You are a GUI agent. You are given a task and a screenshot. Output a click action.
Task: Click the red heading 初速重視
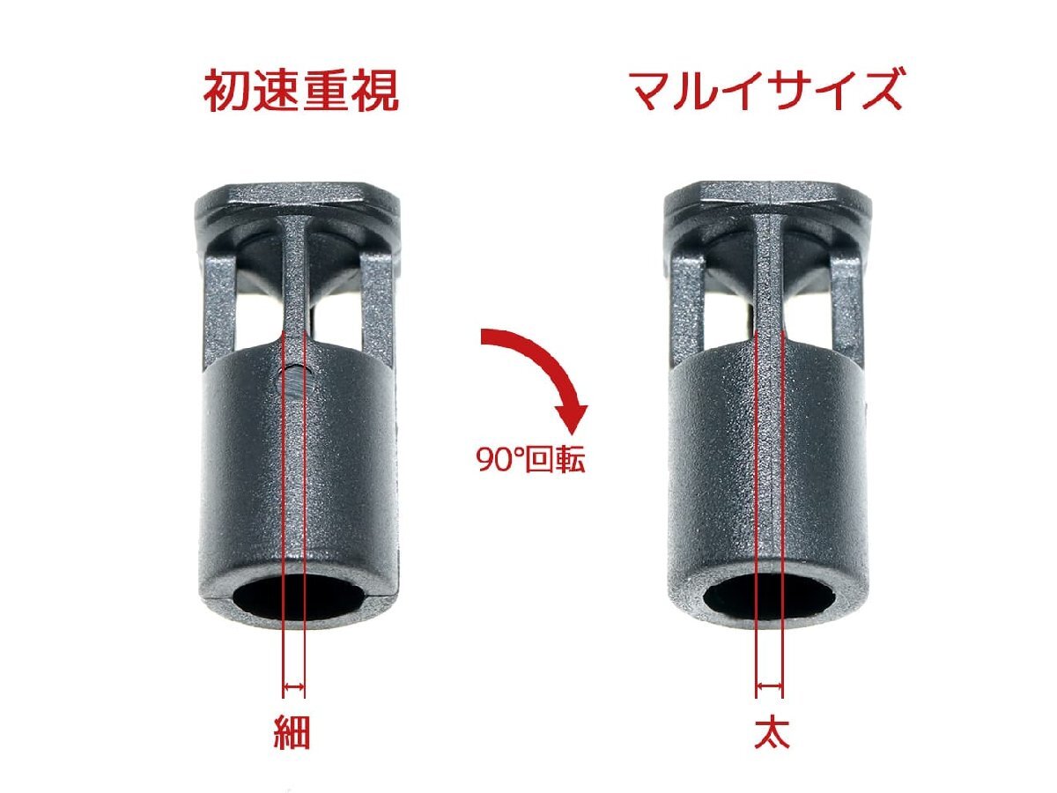click(301, 91)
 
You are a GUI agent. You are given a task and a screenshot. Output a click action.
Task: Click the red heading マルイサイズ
click(765, 91)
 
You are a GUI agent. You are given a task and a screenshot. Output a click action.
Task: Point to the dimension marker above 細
click(292, 686)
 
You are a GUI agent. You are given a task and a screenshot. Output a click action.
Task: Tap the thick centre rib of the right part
click(770, 282)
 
